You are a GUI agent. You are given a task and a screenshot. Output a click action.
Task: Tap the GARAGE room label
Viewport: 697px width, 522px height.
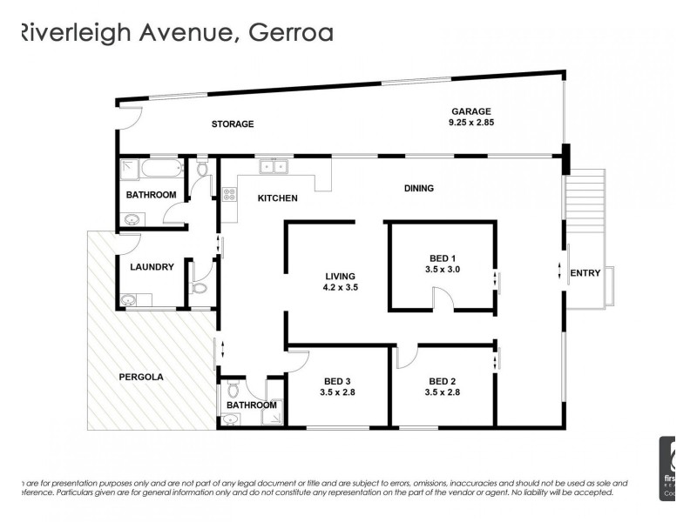471,111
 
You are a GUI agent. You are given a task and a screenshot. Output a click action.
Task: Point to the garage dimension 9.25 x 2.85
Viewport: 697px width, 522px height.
471,123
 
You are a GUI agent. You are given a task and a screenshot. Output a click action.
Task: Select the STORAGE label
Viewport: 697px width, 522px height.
233,124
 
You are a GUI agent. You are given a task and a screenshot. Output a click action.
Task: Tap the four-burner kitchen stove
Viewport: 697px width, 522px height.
231,196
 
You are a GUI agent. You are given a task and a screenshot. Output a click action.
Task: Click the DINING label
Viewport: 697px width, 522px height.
418,188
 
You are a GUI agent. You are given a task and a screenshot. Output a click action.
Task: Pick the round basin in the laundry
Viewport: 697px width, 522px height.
131,301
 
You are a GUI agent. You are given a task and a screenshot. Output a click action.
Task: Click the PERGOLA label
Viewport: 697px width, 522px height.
141,378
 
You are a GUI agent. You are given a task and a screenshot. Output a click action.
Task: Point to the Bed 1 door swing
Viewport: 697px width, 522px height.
443,300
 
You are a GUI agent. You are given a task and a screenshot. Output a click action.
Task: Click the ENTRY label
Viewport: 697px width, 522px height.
585,273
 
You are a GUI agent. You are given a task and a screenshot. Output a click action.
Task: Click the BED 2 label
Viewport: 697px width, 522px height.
443,381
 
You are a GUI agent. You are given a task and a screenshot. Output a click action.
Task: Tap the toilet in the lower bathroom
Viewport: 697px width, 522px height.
233,389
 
